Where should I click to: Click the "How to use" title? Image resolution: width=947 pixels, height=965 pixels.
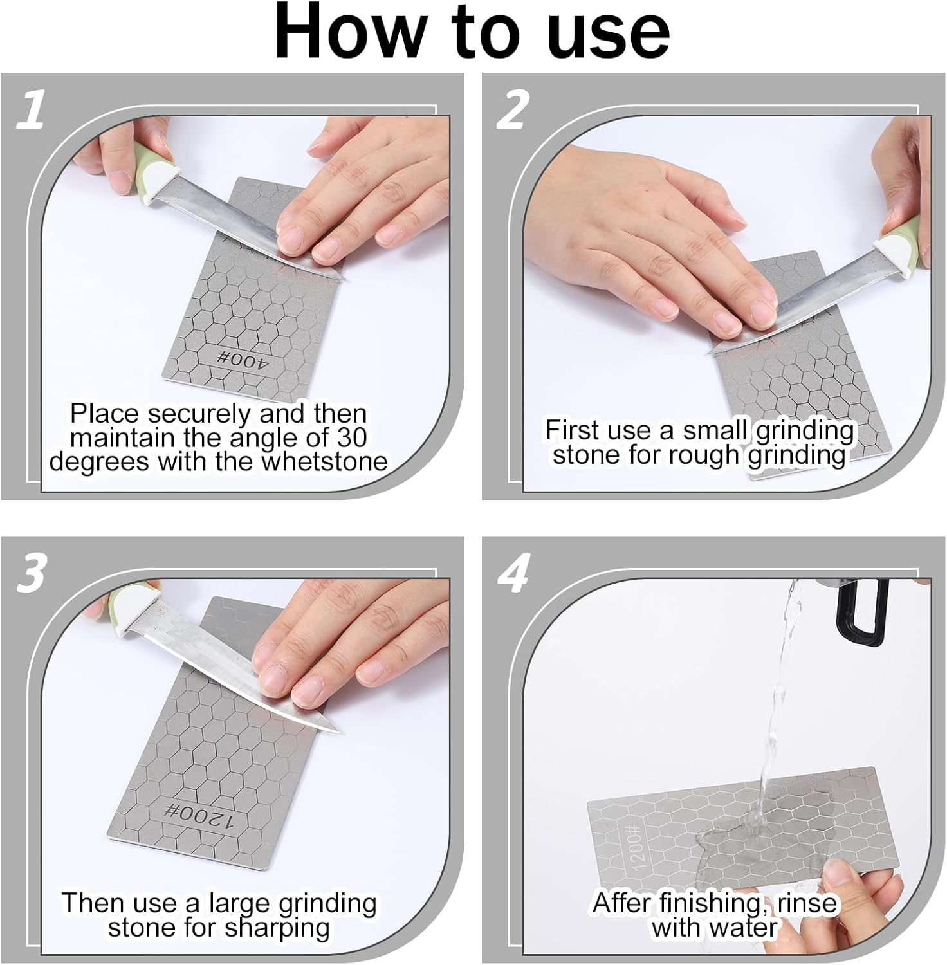(473, 32)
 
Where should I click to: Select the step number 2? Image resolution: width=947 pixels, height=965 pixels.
(512, 109)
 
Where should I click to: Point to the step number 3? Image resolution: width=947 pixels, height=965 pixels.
(31, 573)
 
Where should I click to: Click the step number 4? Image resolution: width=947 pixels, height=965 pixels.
(513, 573)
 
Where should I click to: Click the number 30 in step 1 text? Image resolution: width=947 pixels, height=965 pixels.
(351, 438)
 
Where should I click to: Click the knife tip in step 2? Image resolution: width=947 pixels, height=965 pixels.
(709, 353)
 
